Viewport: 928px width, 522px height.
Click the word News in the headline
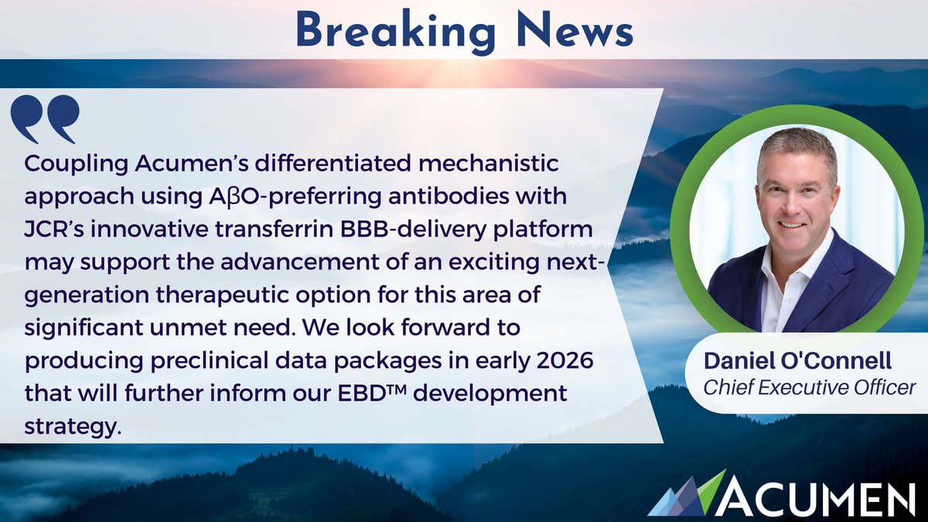point(575,29)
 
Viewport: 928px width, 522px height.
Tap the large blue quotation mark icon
point(45,119)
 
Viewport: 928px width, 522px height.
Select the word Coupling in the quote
point(77,165)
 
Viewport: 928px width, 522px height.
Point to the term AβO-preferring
point(295,197)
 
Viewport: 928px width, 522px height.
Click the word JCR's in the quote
point(54,229)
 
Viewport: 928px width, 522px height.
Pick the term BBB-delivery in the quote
point(414,230)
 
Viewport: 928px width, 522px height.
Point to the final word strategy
point(73,427)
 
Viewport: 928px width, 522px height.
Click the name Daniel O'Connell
point(797,360)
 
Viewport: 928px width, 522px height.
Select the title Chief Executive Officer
point(809,387)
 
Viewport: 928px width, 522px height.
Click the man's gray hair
point(797,152)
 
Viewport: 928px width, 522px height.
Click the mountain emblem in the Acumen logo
point(687,494)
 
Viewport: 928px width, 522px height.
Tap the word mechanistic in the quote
point(489,164)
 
